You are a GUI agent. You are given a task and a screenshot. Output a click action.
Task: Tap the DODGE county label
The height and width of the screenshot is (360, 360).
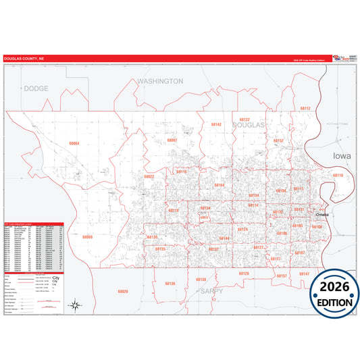pyautogui.click(x=36, y=88)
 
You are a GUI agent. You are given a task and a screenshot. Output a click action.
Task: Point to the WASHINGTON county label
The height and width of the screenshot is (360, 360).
pyautogui.click(x=160, y=81)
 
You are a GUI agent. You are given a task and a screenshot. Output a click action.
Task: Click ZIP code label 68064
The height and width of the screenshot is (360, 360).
pyautogui.click(x=74, y=143)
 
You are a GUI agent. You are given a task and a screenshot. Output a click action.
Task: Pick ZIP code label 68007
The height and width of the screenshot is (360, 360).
pyautogui.click(x=172, y=140)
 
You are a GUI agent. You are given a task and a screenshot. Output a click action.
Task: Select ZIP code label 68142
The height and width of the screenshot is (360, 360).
pyautogui.click(x=215, y=125)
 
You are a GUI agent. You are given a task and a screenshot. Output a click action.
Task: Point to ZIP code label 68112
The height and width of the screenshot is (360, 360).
pyautogui.click(x=305, y=108)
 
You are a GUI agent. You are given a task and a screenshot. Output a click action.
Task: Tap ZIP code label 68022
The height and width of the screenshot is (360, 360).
pyautogui.click(x=149, y=176)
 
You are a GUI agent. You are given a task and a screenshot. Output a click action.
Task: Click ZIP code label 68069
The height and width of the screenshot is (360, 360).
pyautogui.click(x=87, y=237)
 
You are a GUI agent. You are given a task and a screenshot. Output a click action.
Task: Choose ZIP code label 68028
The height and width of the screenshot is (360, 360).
pyautogui.click(x=122, y=291)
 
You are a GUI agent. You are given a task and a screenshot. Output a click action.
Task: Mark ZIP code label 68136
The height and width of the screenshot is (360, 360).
pyautogui.click(x=170, y=284)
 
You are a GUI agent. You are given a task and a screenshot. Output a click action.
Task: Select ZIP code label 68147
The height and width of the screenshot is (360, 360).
pyautogui.click(x=304, y=274)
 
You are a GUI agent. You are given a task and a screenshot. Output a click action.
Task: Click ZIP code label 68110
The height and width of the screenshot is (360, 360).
pyautogui.click(x=338, y=176)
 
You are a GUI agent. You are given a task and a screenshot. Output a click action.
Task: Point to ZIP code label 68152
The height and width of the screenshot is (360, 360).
pyautogui.click(x=278, y=141)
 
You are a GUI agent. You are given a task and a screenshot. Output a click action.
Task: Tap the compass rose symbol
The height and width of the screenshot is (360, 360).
pyautogui.click(x=76, y=307)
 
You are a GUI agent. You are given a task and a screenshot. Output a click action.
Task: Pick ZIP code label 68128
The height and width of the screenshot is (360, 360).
pyautogui.click(x=244, y=274)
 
